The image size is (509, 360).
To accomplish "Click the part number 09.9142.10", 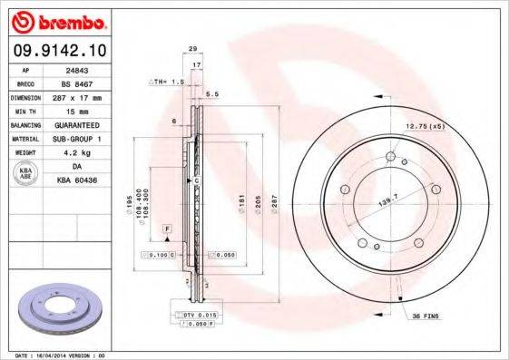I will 56,49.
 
